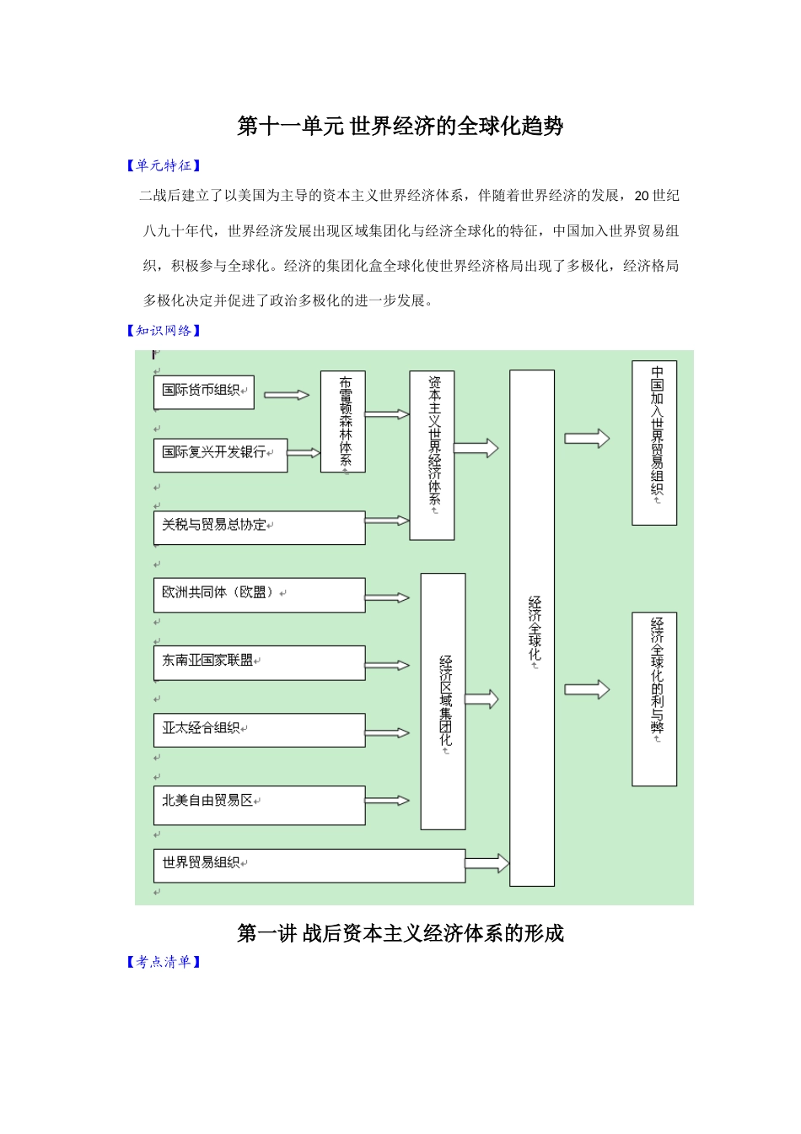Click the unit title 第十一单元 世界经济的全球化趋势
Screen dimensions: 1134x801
point(400,127)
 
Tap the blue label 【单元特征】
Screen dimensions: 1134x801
point(164,166)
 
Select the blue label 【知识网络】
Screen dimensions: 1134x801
point(164,331)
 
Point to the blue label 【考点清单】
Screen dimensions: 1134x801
point(164,962)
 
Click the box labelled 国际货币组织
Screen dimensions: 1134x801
point(203,392)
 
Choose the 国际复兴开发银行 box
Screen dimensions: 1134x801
point(220,455)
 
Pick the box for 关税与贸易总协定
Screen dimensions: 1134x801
point(259,527)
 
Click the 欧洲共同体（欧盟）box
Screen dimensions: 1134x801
point(259,595)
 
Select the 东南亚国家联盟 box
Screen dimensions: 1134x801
point(259,662)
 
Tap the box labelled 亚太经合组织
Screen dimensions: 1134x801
point(259,730)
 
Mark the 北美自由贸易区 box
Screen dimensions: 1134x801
point(259,804)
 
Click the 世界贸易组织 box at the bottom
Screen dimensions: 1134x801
point(309,865)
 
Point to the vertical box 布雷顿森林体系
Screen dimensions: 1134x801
point(343,421)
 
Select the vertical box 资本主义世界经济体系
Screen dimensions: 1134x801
point(432,455)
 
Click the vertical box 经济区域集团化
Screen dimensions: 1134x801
point(443,700)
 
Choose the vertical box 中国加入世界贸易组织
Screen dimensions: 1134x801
point(654,443)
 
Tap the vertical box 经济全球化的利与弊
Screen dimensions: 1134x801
point(654,699)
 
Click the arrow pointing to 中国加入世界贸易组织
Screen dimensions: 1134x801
point(587,439)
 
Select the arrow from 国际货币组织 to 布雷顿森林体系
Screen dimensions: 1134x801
point(287,394)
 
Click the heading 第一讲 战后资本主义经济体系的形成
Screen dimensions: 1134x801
point(400,933)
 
